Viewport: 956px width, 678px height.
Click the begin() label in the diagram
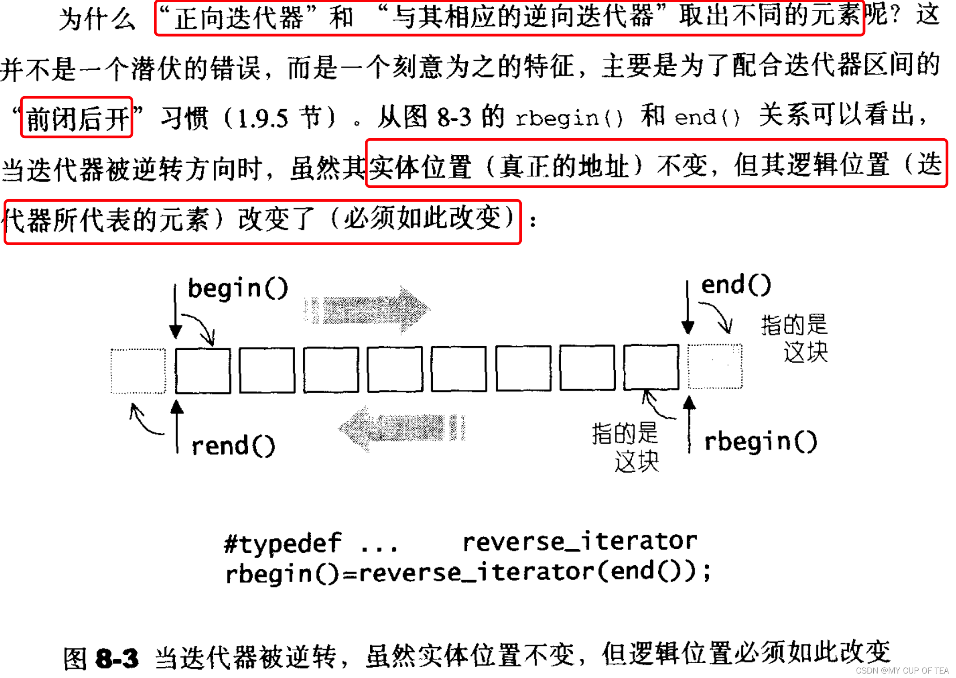point(237,288)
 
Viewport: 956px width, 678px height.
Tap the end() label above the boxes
point(736,285)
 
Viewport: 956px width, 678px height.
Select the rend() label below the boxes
point(233,446)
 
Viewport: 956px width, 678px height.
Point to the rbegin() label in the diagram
point(760,442)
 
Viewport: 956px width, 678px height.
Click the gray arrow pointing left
point(401,428)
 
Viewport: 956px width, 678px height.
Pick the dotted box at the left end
point(138,371)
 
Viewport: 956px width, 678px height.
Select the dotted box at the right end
point(715,366)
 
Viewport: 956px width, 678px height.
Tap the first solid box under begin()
point(203,371)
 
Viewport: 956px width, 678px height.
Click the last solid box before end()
point(651,367)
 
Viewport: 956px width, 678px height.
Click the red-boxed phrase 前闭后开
point(77,118)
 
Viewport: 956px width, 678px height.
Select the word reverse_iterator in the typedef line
point(580,542)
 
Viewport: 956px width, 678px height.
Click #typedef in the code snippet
point(283,544)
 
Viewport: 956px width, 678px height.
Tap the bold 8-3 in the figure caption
point(117,658)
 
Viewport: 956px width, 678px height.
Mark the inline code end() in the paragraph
point(707,117)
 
